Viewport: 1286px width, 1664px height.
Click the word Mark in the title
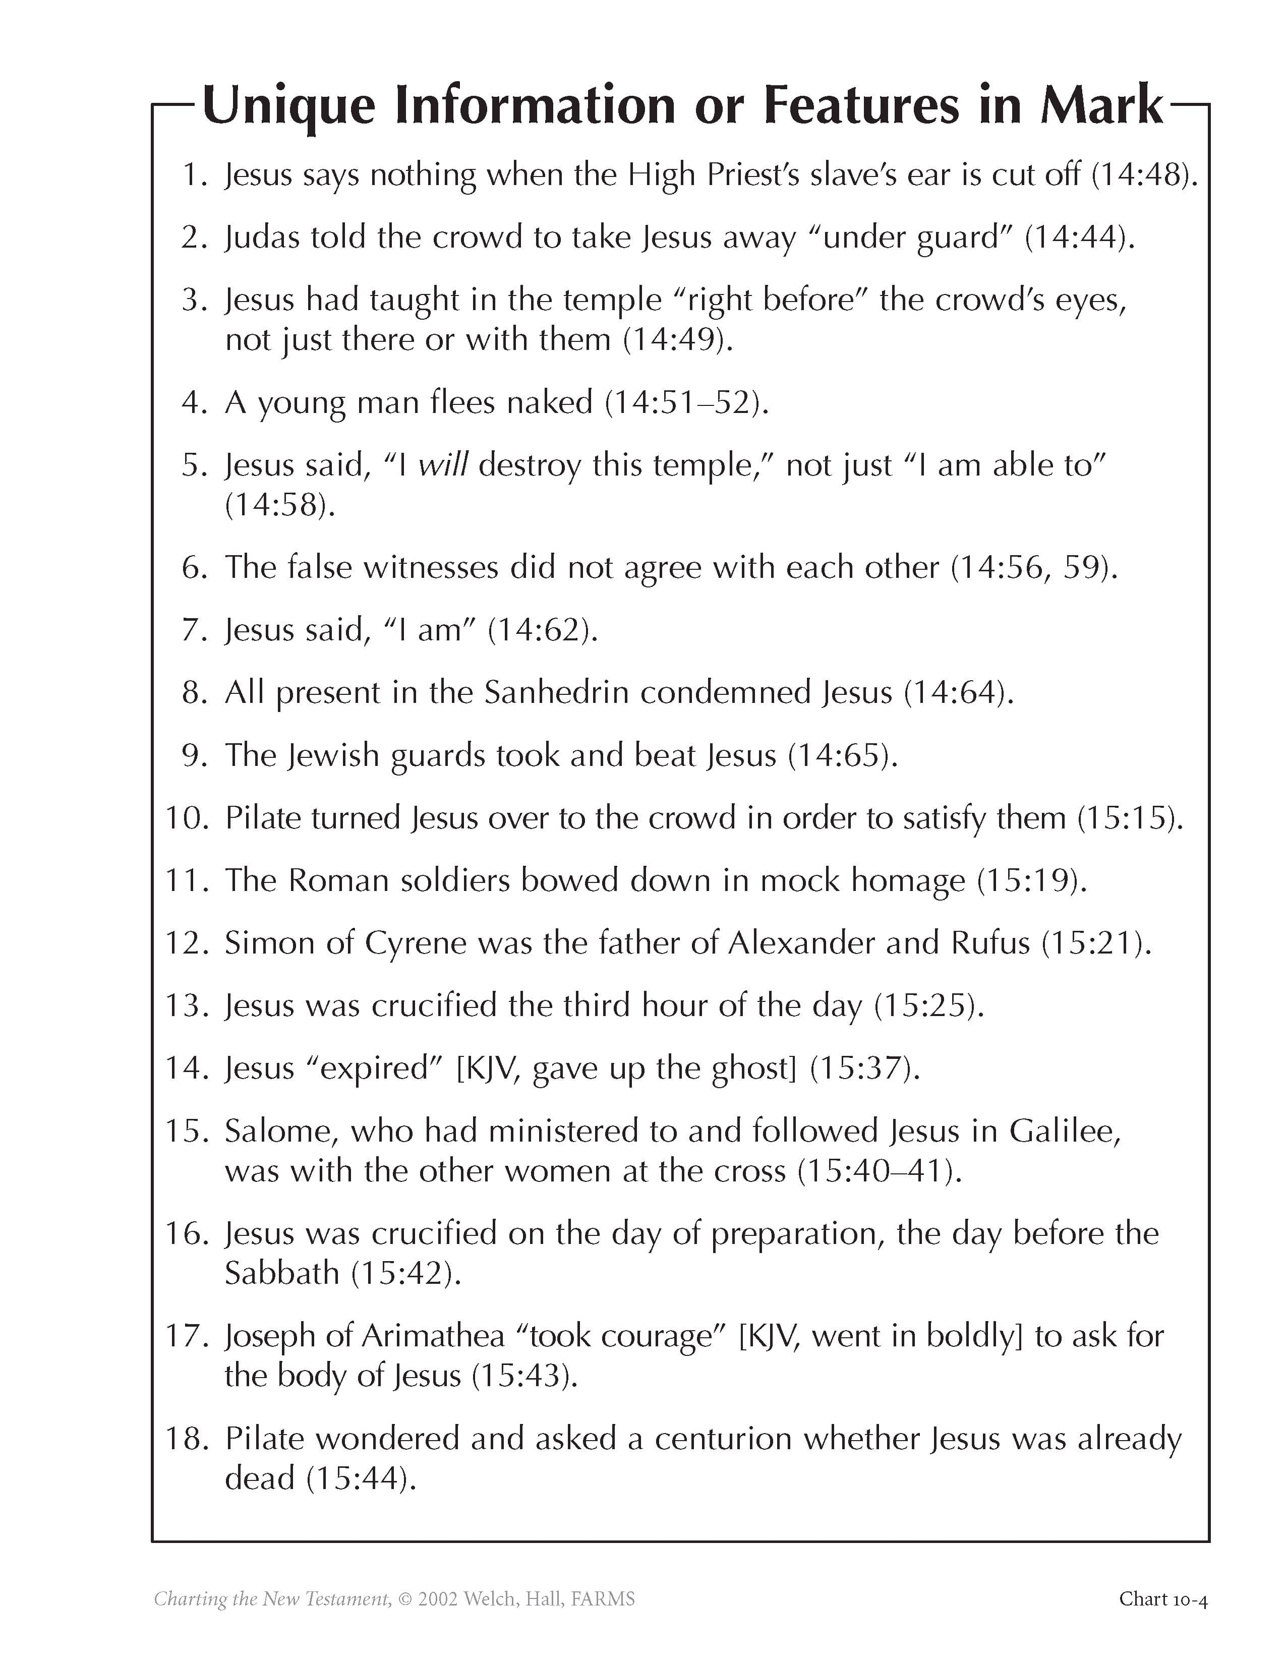tap(1101, 105)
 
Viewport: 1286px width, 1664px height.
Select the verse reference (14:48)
tap(1144, 175)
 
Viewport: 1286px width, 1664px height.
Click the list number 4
tap(192, 402)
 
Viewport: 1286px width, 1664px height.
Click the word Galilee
tap(1065, 1131)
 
